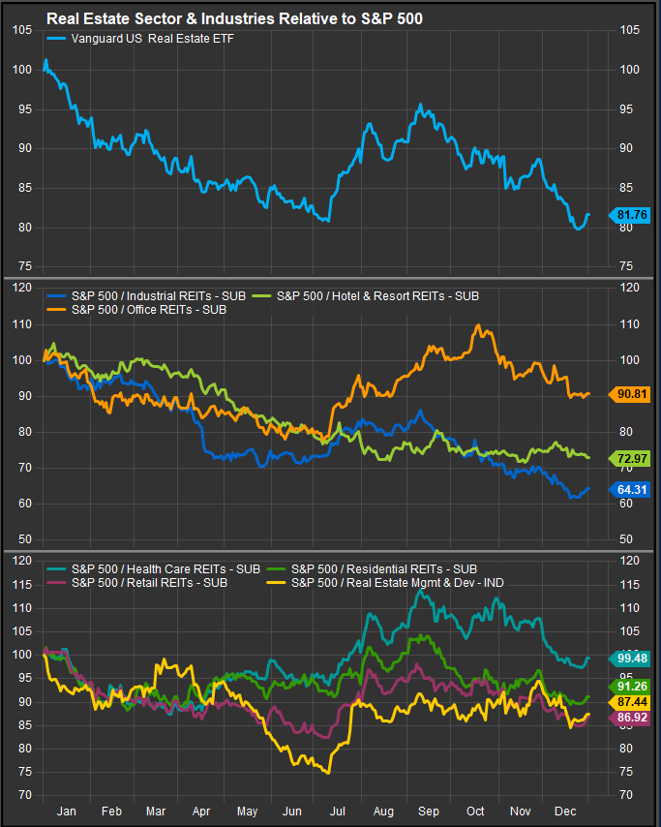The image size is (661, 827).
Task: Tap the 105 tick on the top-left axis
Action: pyautogui.click(x=20, y=30)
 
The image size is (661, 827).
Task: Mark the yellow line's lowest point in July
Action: pyautogui.click(x=329, y=773)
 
